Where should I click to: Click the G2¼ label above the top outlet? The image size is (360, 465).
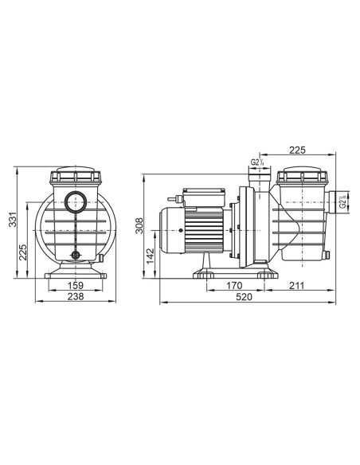[256, 162]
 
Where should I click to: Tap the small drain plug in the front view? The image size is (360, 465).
[77, 256]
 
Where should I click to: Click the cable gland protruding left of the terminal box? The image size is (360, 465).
[173, 193]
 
